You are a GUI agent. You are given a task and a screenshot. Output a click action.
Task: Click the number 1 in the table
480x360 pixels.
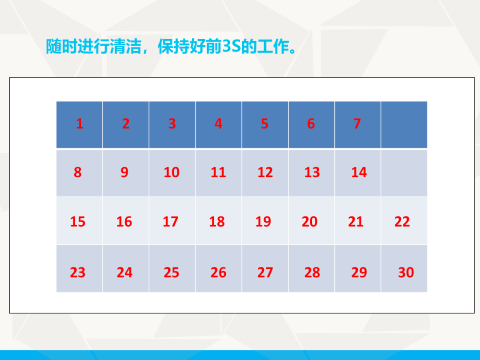80,124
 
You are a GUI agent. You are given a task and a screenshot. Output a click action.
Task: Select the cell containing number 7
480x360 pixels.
357,124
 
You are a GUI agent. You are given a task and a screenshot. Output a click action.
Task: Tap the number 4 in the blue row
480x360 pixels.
218,124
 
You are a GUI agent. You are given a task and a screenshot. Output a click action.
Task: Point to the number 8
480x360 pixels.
78,172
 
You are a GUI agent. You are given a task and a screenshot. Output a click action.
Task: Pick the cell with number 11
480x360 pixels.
218,172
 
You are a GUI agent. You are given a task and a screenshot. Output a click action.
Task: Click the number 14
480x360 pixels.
359,172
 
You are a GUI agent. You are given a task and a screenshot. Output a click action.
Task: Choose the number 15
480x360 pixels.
78,221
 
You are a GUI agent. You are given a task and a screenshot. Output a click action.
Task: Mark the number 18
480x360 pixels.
217,221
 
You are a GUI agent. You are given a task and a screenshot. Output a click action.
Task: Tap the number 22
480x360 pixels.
402,221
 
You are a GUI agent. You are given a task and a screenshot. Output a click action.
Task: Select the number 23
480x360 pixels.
78,272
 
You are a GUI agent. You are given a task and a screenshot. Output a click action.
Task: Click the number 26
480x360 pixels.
218,272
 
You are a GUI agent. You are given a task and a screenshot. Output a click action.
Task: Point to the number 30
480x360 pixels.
406,272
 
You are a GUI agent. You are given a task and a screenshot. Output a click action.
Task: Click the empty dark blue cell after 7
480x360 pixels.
404,124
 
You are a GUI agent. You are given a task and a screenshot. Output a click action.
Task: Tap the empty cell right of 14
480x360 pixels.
404,173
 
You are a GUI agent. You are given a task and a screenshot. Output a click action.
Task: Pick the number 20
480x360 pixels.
309,221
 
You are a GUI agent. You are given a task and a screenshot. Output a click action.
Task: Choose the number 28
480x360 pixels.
312,272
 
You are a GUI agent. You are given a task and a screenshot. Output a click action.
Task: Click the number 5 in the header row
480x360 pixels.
264,124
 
